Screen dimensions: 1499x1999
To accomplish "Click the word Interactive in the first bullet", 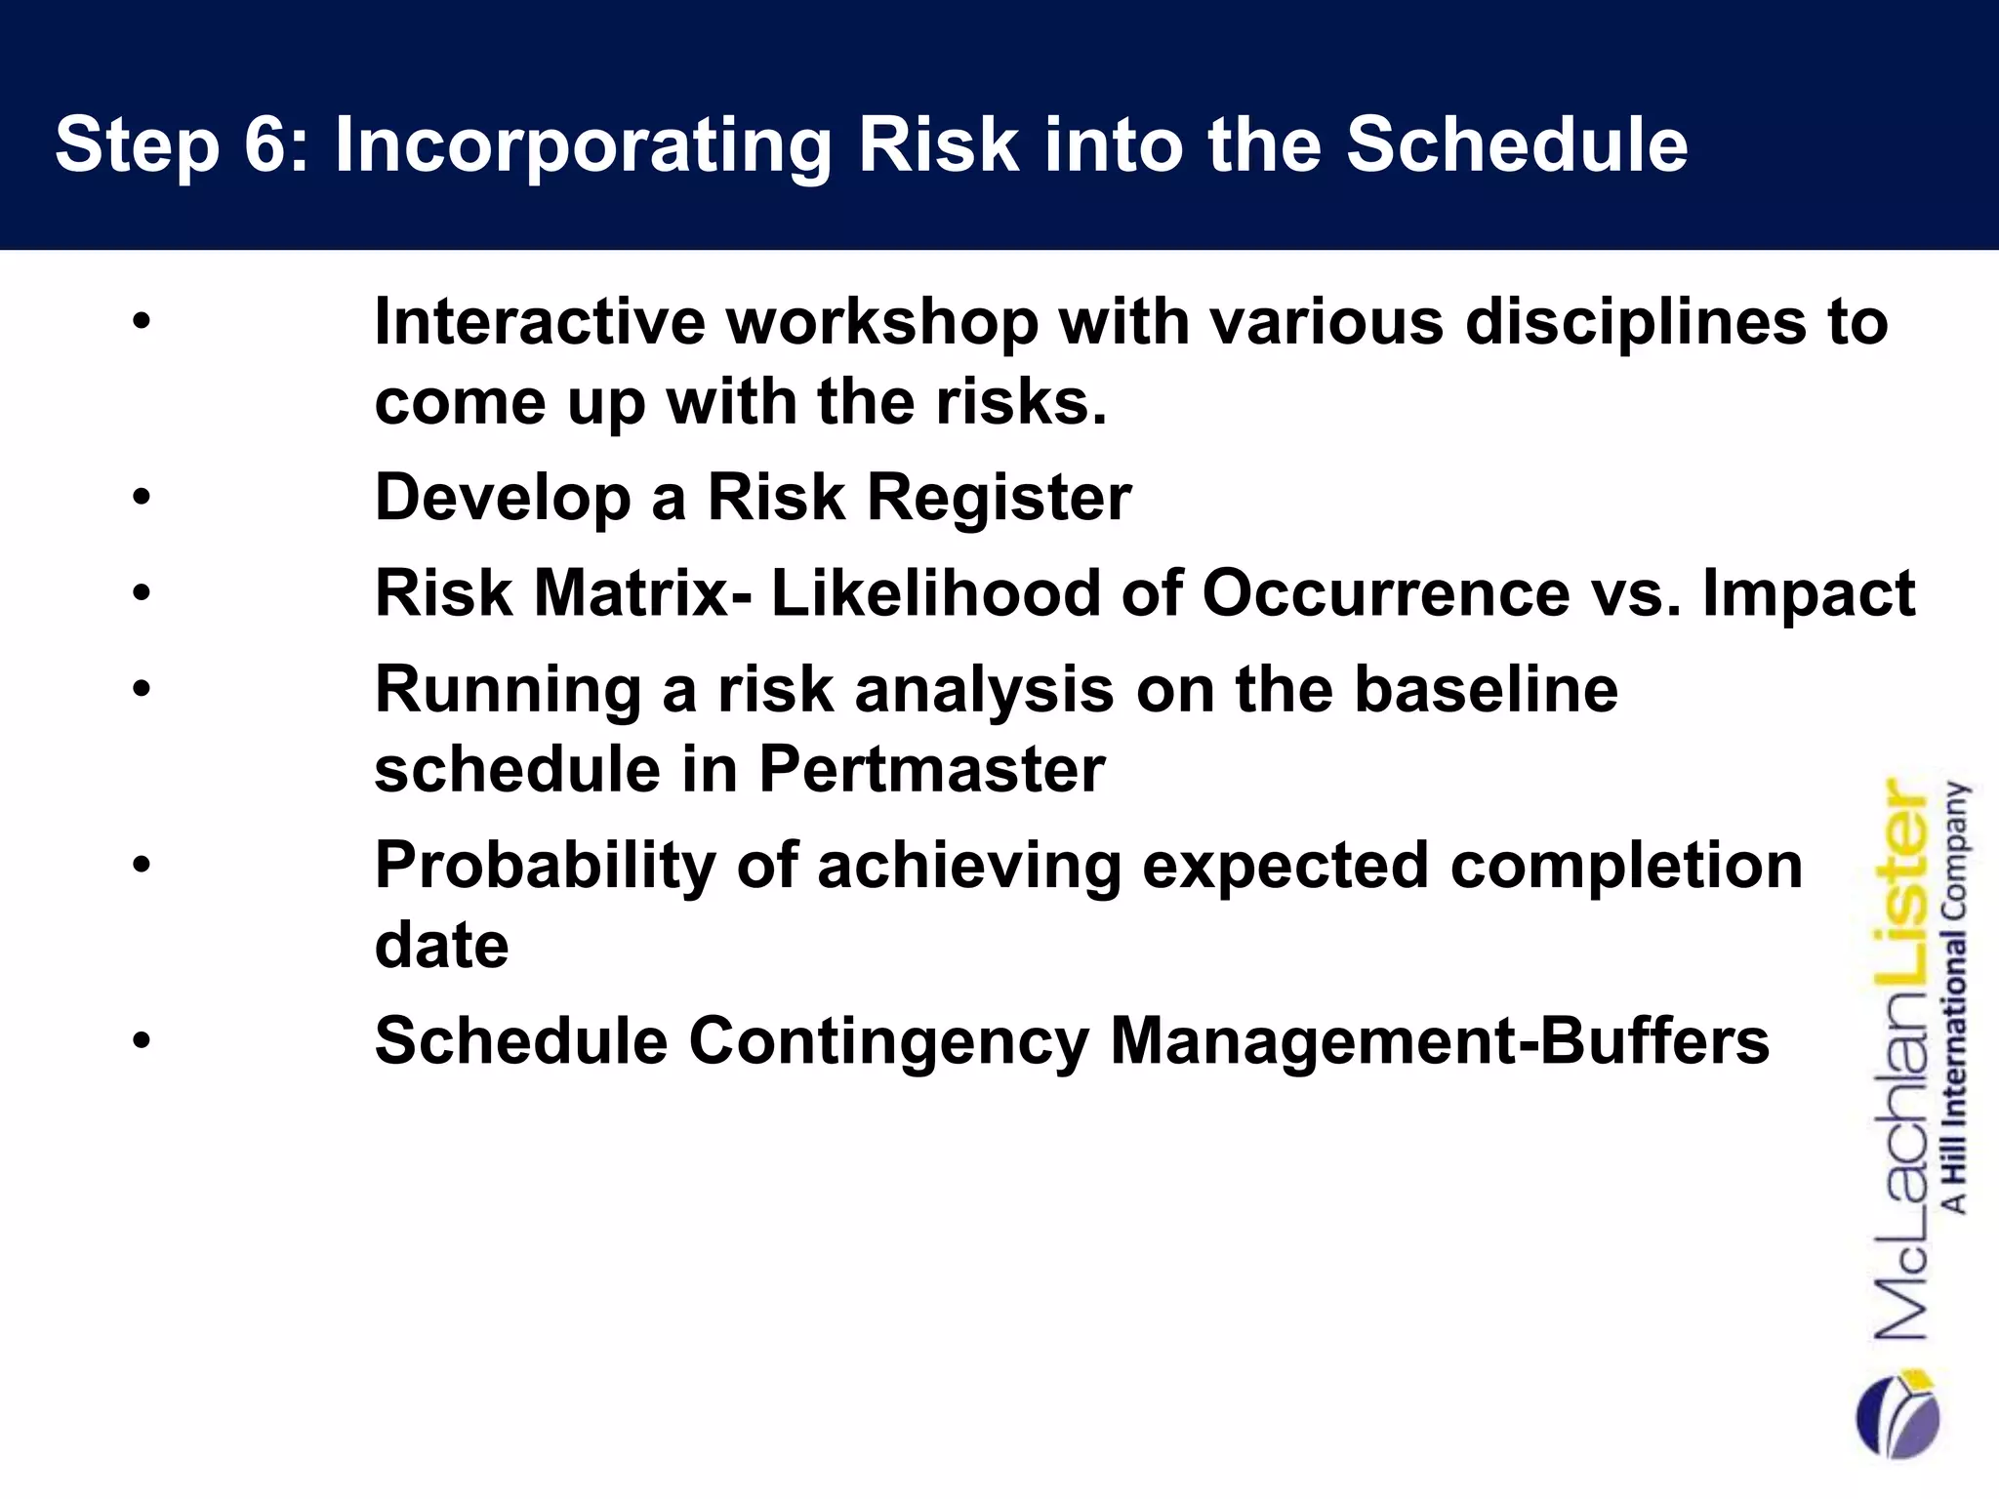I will (x=539, y=322).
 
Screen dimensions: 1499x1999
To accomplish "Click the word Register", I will (x=999, y=498).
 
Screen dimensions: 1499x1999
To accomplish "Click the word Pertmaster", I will (x=931, y=769).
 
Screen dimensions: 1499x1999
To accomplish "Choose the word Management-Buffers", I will (x=1440, y=1040).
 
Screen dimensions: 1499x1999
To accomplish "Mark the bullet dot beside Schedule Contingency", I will (x=143, y=1041).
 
